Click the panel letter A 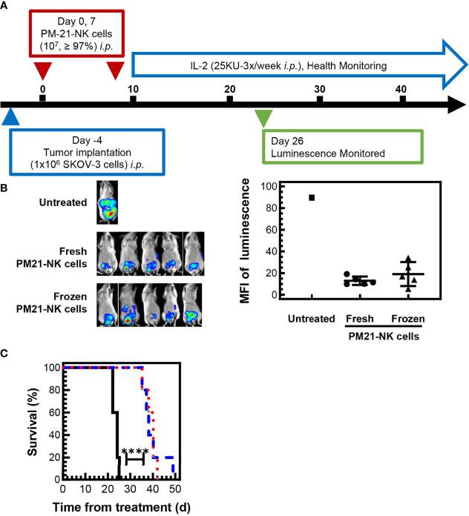click(5, 5)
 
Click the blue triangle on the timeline click(10, 117)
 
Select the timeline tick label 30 click(319, 89)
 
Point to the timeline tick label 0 click(42, 89)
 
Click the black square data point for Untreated click(312, 197)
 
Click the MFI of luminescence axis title click(255, 241)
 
